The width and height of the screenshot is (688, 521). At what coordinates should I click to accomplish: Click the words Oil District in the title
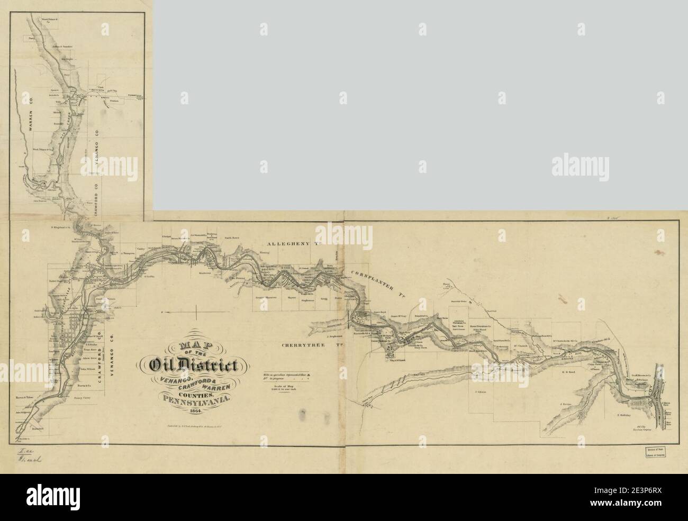195,364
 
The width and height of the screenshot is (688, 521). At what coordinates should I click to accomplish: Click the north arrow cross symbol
196,316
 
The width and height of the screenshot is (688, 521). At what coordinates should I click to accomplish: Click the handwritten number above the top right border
632,215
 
